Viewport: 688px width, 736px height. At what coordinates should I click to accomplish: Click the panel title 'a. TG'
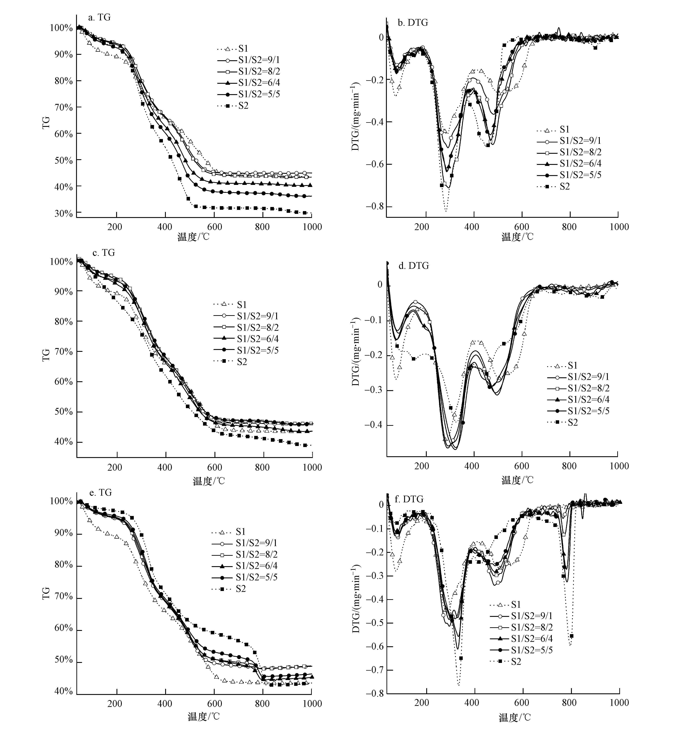(99, 17)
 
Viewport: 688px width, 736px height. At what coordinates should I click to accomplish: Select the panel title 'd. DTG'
(413, 266)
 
